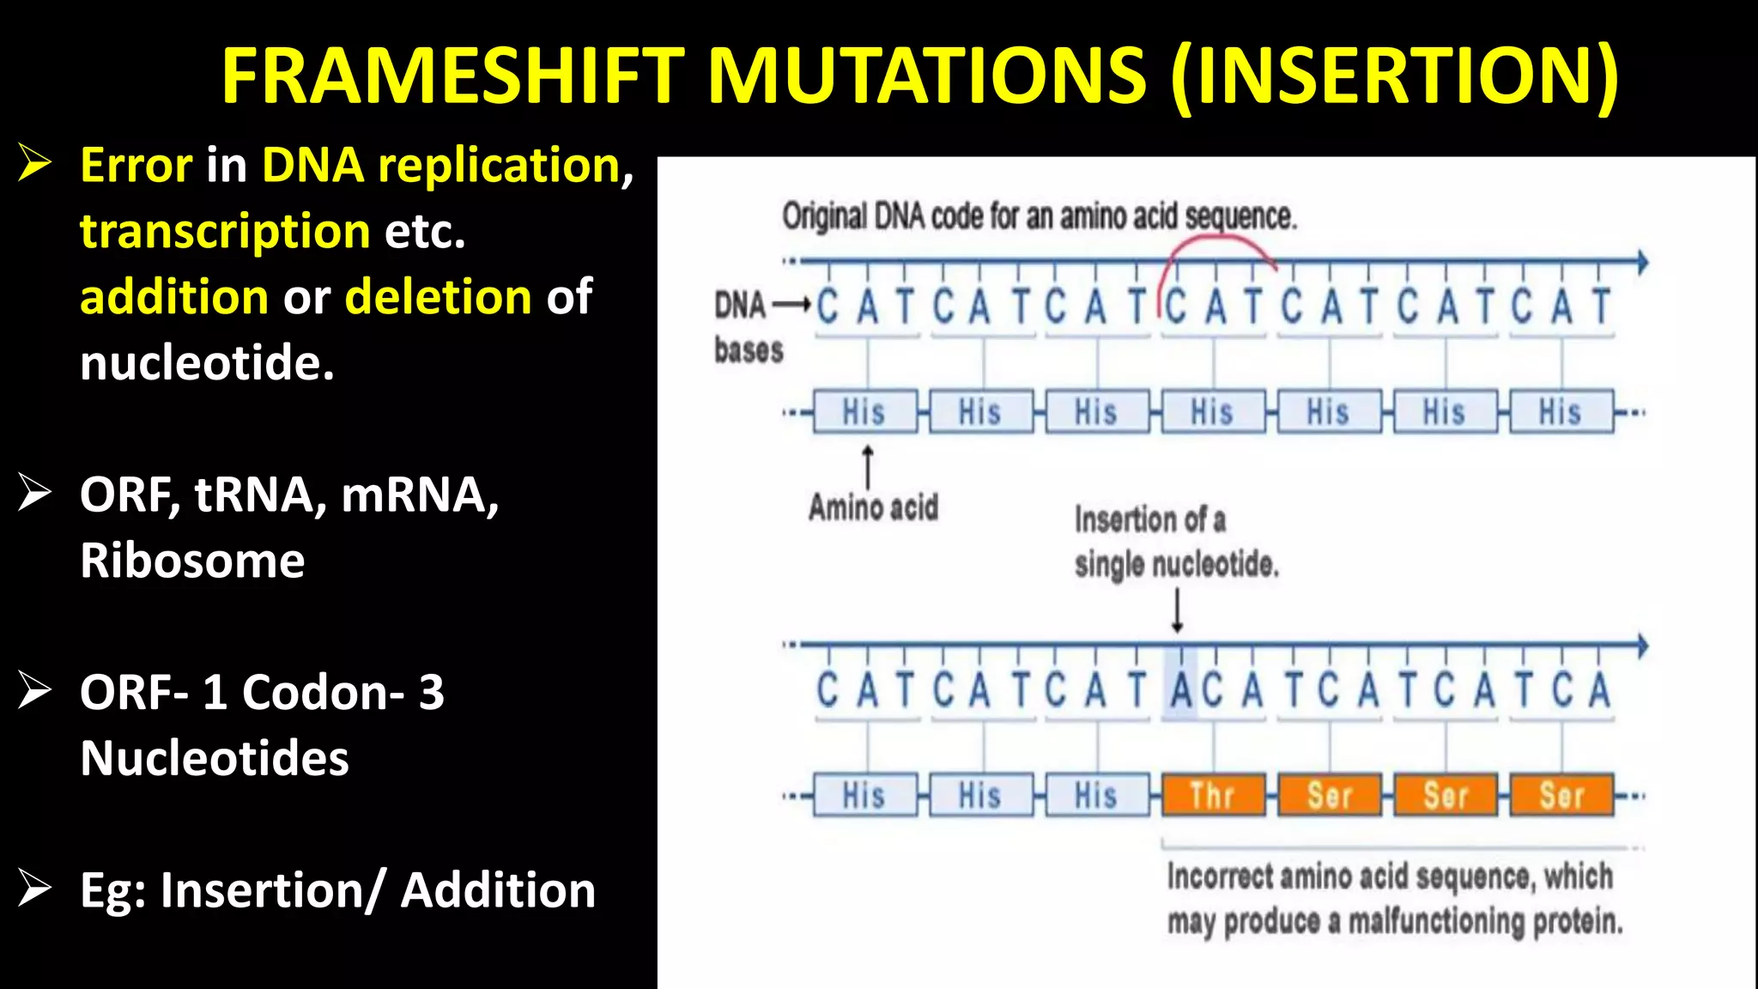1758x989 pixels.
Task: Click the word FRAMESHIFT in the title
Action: (x=453, y=76)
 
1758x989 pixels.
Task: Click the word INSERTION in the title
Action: (x=1395, y=76)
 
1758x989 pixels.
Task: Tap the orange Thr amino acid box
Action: (x=1213, y=796)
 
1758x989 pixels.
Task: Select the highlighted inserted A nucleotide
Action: (x=1181, y=690)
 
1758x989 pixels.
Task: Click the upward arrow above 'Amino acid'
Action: (x=868, y=466)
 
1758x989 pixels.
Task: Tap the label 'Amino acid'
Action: (x=873, y=507)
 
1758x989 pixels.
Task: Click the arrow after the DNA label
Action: (x=791, y=305)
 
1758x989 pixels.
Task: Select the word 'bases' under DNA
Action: (x=749, y=350)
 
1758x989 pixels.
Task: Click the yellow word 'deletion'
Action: (x=438, y=297)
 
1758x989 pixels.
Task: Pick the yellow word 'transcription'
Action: (x=225, y=232)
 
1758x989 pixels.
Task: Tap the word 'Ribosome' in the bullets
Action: (x=192, y=561)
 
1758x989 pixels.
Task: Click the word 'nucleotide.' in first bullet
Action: (x=207, y=363)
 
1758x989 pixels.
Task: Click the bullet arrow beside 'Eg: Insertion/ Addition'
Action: (x=35, y=889)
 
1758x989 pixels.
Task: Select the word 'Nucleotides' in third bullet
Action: (x=215, y=758)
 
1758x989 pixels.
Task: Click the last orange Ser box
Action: (x=1561, y=796)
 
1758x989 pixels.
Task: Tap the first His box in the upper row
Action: (x=864, y=412)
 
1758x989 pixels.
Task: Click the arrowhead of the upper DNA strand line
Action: (x=1642, y=262)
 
